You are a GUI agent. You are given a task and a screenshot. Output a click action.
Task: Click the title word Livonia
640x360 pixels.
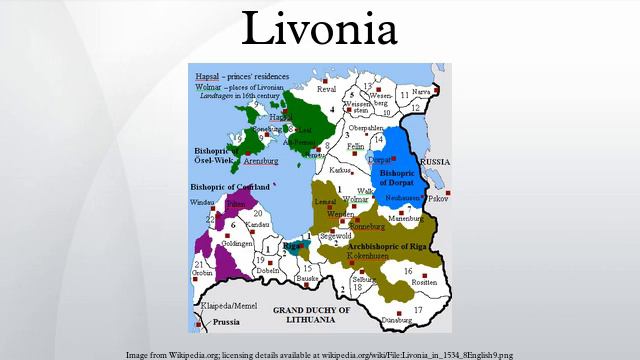320,30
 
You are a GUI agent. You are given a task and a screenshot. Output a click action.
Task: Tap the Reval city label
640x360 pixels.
327,89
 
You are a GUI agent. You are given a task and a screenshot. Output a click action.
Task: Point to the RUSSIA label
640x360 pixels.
434,161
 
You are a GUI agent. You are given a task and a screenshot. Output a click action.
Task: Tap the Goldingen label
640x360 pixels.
237,243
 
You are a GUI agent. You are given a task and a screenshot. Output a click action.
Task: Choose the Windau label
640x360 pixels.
201,203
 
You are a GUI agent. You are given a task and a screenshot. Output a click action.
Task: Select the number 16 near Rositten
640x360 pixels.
408,271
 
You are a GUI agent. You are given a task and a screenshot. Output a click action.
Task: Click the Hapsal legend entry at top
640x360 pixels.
207,76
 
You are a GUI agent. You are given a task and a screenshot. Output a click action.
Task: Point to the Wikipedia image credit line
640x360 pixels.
320,354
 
